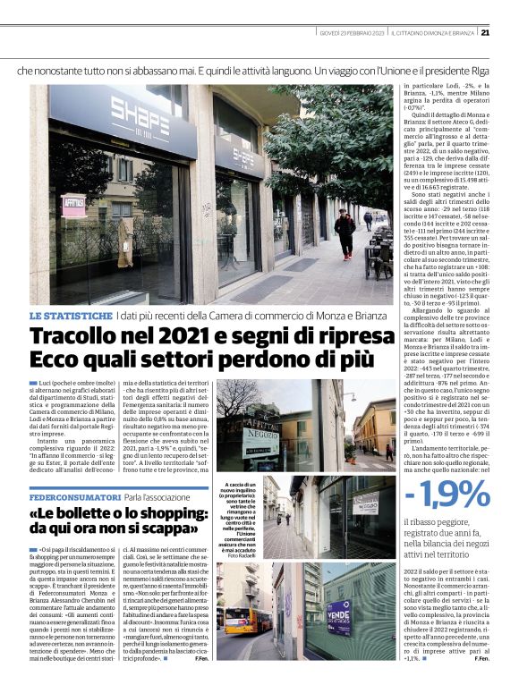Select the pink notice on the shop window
(72, 207)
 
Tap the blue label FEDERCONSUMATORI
(74, 495)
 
